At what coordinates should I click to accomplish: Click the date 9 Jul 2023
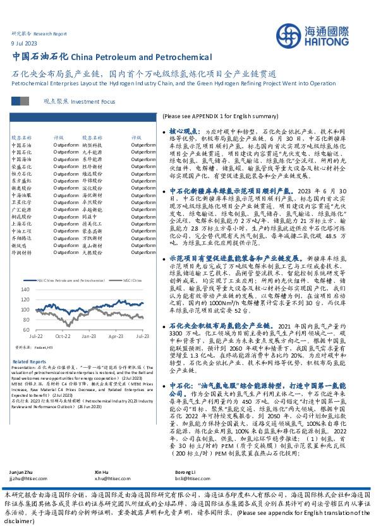click(25, 43)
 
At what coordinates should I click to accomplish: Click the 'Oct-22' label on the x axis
click(63, 337)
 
